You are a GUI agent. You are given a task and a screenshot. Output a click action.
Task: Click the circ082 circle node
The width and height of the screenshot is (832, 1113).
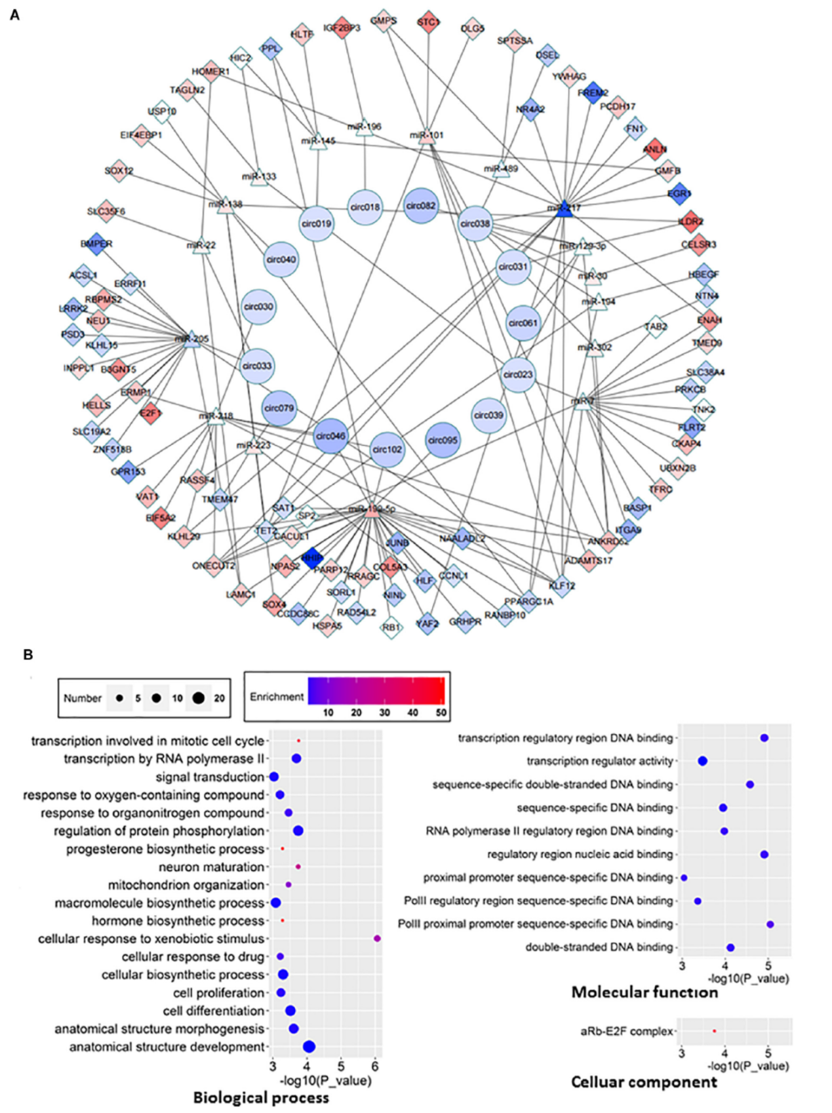(421, 205)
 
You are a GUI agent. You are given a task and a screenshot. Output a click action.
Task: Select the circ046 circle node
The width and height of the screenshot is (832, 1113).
(330, 436)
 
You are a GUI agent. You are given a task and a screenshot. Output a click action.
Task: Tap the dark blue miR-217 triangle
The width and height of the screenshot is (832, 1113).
(563, 210)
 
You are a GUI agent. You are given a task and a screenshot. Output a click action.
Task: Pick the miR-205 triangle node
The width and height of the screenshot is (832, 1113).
(191, 339)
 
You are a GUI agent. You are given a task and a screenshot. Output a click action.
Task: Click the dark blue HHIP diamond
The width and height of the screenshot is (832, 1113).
(312, 558)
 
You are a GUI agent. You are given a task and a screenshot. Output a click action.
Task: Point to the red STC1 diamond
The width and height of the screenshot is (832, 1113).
(428, 22)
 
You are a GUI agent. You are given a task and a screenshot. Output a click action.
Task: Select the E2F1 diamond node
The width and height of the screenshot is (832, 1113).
(151, 413)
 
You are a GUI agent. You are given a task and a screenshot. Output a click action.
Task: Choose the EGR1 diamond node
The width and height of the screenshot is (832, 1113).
(679, 193)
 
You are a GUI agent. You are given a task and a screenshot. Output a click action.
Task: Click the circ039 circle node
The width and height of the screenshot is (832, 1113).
(488, 415)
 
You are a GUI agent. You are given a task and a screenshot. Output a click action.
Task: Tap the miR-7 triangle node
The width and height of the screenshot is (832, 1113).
(582, 402)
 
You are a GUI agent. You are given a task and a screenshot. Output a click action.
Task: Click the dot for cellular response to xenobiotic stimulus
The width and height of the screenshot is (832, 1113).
(377, 939)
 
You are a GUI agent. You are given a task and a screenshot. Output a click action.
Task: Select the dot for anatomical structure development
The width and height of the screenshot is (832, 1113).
(309, 1047)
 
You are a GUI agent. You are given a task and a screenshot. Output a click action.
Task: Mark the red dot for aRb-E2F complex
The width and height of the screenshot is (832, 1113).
(714, 1031)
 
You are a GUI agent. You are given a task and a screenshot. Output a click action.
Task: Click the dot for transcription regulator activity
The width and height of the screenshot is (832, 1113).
(702, 761)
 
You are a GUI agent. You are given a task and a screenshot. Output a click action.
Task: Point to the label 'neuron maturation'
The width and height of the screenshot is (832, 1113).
(211, 867)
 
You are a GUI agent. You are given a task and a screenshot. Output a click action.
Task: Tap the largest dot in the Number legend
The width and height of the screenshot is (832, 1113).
(198, 698)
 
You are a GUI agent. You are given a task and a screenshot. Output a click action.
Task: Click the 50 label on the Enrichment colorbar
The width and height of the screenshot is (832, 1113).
(441, 713)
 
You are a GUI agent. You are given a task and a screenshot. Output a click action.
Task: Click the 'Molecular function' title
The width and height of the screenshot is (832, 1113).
(644, 992)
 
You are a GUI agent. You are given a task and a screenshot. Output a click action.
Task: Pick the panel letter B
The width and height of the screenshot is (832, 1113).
(28, 654)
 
